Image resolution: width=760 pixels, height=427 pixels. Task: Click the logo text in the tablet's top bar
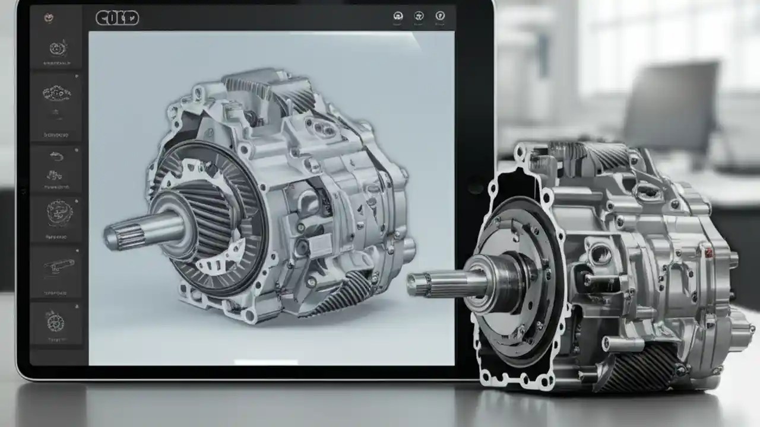point(117,18)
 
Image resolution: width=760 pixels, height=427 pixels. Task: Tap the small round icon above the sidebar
point(49,18)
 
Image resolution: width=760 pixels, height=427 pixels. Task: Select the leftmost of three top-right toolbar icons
point(398,17)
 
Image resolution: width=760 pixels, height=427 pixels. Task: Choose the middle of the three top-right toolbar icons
point(419,17)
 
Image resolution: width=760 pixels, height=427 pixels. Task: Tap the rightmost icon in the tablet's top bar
point(440,16)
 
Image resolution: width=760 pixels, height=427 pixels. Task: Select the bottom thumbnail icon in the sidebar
point(56,323)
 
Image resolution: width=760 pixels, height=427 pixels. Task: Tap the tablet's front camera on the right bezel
point(475,186)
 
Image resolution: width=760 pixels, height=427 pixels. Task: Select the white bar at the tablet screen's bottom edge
point(265,362)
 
